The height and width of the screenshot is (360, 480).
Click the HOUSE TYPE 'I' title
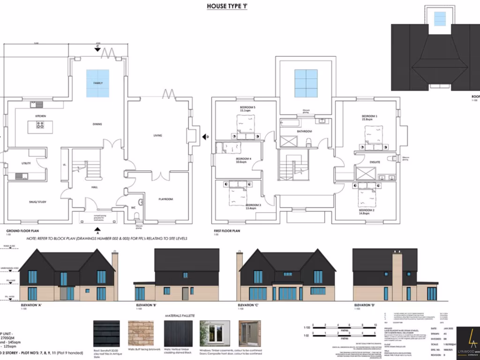[x=227, y=7]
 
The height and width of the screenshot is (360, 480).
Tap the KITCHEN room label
[x=41, y=116]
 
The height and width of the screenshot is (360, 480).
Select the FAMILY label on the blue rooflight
[x=97, y=83]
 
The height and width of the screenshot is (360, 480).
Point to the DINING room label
[x=97, y=124]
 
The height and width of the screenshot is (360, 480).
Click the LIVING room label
[x=157, y=135]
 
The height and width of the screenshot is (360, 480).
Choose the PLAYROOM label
[x=165, y=199]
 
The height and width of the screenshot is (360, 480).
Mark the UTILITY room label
[x=26, y=163]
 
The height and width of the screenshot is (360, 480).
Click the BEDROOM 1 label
[x=369, y=116]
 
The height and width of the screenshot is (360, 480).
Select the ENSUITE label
[x=375, y=163]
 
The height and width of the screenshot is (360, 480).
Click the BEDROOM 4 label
[x=244, y=159]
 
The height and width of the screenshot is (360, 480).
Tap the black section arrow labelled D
[x=205, y=136]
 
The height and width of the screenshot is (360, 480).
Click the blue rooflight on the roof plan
[x=440, y=19]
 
